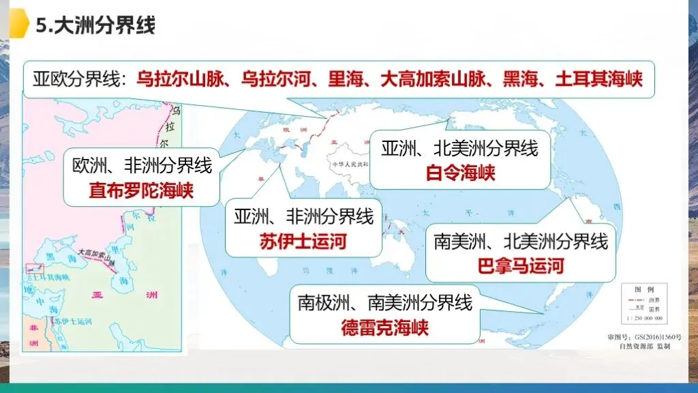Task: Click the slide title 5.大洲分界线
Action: click(x=95, y=25)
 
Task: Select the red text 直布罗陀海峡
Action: click(x=141, y=190)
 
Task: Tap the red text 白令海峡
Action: click(x=460, y=173)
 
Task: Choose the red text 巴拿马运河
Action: click(x=521, y=265)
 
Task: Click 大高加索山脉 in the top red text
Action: click(x=423, y=79)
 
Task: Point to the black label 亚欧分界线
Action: click(x=78, y=79)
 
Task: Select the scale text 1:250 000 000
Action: click(x=645, y=319)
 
